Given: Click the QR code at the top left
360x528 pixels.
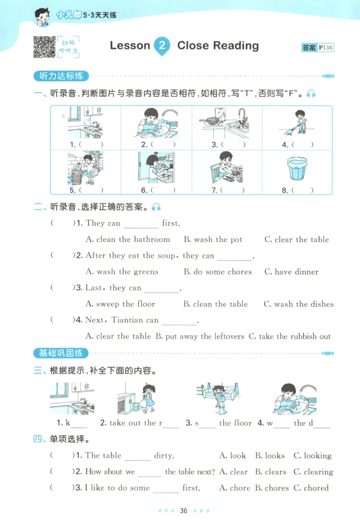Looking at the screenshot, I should pyautogui.click(x=44, y=47).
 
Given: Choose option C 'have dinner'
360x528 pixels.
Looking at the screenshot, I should pyautogui.click(x=291, y=272).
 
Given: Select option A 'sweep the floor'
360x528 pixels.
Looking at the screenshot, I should pyautogui.click(x=120, y=304).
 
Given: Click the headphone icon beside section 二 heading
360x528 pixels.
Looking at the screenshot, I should pyautogui.click(x=156, y=208).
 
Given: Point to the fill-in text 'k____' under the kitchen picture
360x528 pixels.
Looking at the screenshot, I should pyautogui.click(x=72, y=423).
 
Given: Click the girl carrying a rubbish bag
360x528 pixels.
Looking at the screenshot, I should pyautogui.click(x=147, y=398).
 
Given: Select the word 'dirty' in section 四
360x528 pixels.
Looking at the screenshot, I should pyautogui.click(x=163, y=456).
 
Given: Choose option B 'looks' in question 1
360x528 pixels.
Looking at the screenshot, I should pyautogui.click(x=270, y=456).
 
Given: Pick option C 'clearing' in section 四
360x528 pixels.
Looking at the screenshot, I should pyautogui.click(x=314, y=472).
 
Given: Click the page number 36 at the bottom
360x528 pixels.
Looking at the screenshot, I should pyautogui.click(x=183, y=510).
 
